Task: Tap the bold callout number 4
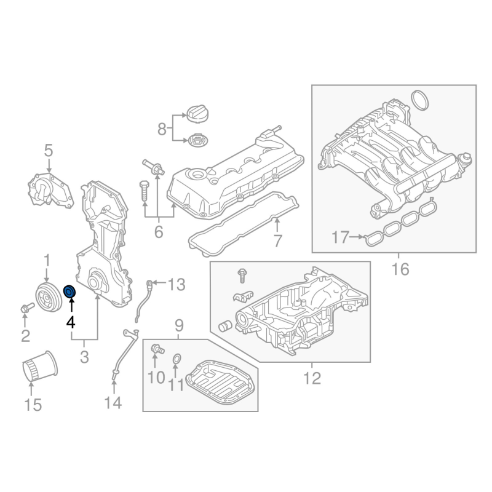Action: point(71,322)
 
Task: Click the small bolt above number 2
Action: point(27,308)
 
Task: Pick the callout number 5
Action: point(49,151)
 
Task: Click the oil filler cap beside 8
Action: point(197,114)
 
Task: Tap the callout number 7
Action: point(278,241)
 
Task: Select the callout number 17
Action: point(340,237)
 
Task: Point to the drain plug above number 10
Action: point(157,349)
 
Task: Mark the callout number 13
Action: point(177,285)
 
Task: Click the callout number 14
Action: point(113,402)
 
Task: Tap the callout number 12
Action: point(312,378)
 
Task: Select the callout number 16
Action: point(400,269)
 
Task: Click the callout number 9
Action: point(179,326)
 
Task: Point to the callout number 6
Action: point(159,232)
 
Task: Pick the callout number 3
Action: point(84,357)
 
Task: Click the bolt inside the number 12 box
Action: point(242,276)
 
